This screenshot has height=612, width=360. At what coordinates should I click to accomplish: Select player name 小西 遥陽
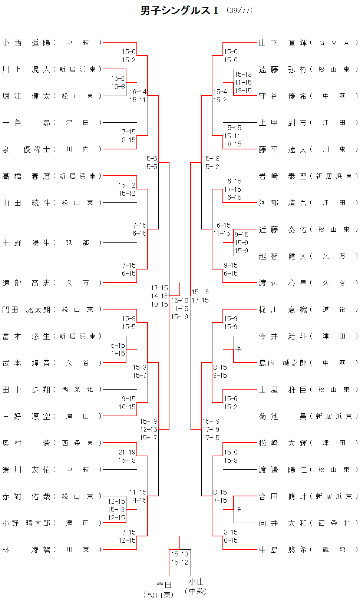(26, 43)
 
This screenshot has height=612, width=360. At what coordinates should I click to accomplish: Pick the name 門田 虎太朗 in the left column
(26, 310)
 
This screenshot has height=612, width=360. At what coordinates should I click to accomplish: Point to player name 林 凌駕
(26, 550)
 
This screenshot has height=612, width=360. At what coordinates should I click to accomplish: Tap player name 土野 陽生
(26, 243)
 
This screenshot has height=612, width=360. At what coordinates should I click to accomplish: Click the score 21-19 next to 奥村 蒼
(127, 452)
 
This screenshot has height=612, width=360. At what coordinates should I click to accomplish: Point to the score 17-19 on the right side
(211, 429)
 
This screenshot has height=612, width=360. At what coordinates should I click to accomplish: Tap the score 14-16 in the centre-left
(159, 296)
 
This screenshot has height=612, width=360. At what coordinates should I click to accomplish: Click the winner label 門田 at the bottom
(164, 585)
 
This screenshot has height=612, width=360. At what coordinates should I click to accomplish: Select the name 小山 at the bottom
(196, 582)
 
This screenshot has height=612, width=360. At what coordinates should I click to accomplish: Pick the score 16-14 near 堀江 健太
(138, 92)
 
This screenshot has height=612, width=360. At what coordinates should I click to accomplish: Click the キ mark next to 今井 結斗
(238, 349)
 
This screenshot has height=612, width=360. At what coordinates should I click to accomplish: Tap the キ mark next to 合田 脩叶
(238, 509)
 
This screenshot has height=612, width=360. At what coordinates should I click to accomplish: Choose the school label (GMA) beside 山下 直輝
(334, 43)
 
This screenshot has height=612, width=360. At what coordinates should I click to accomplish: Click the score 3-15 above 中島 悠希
(231, 532)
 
